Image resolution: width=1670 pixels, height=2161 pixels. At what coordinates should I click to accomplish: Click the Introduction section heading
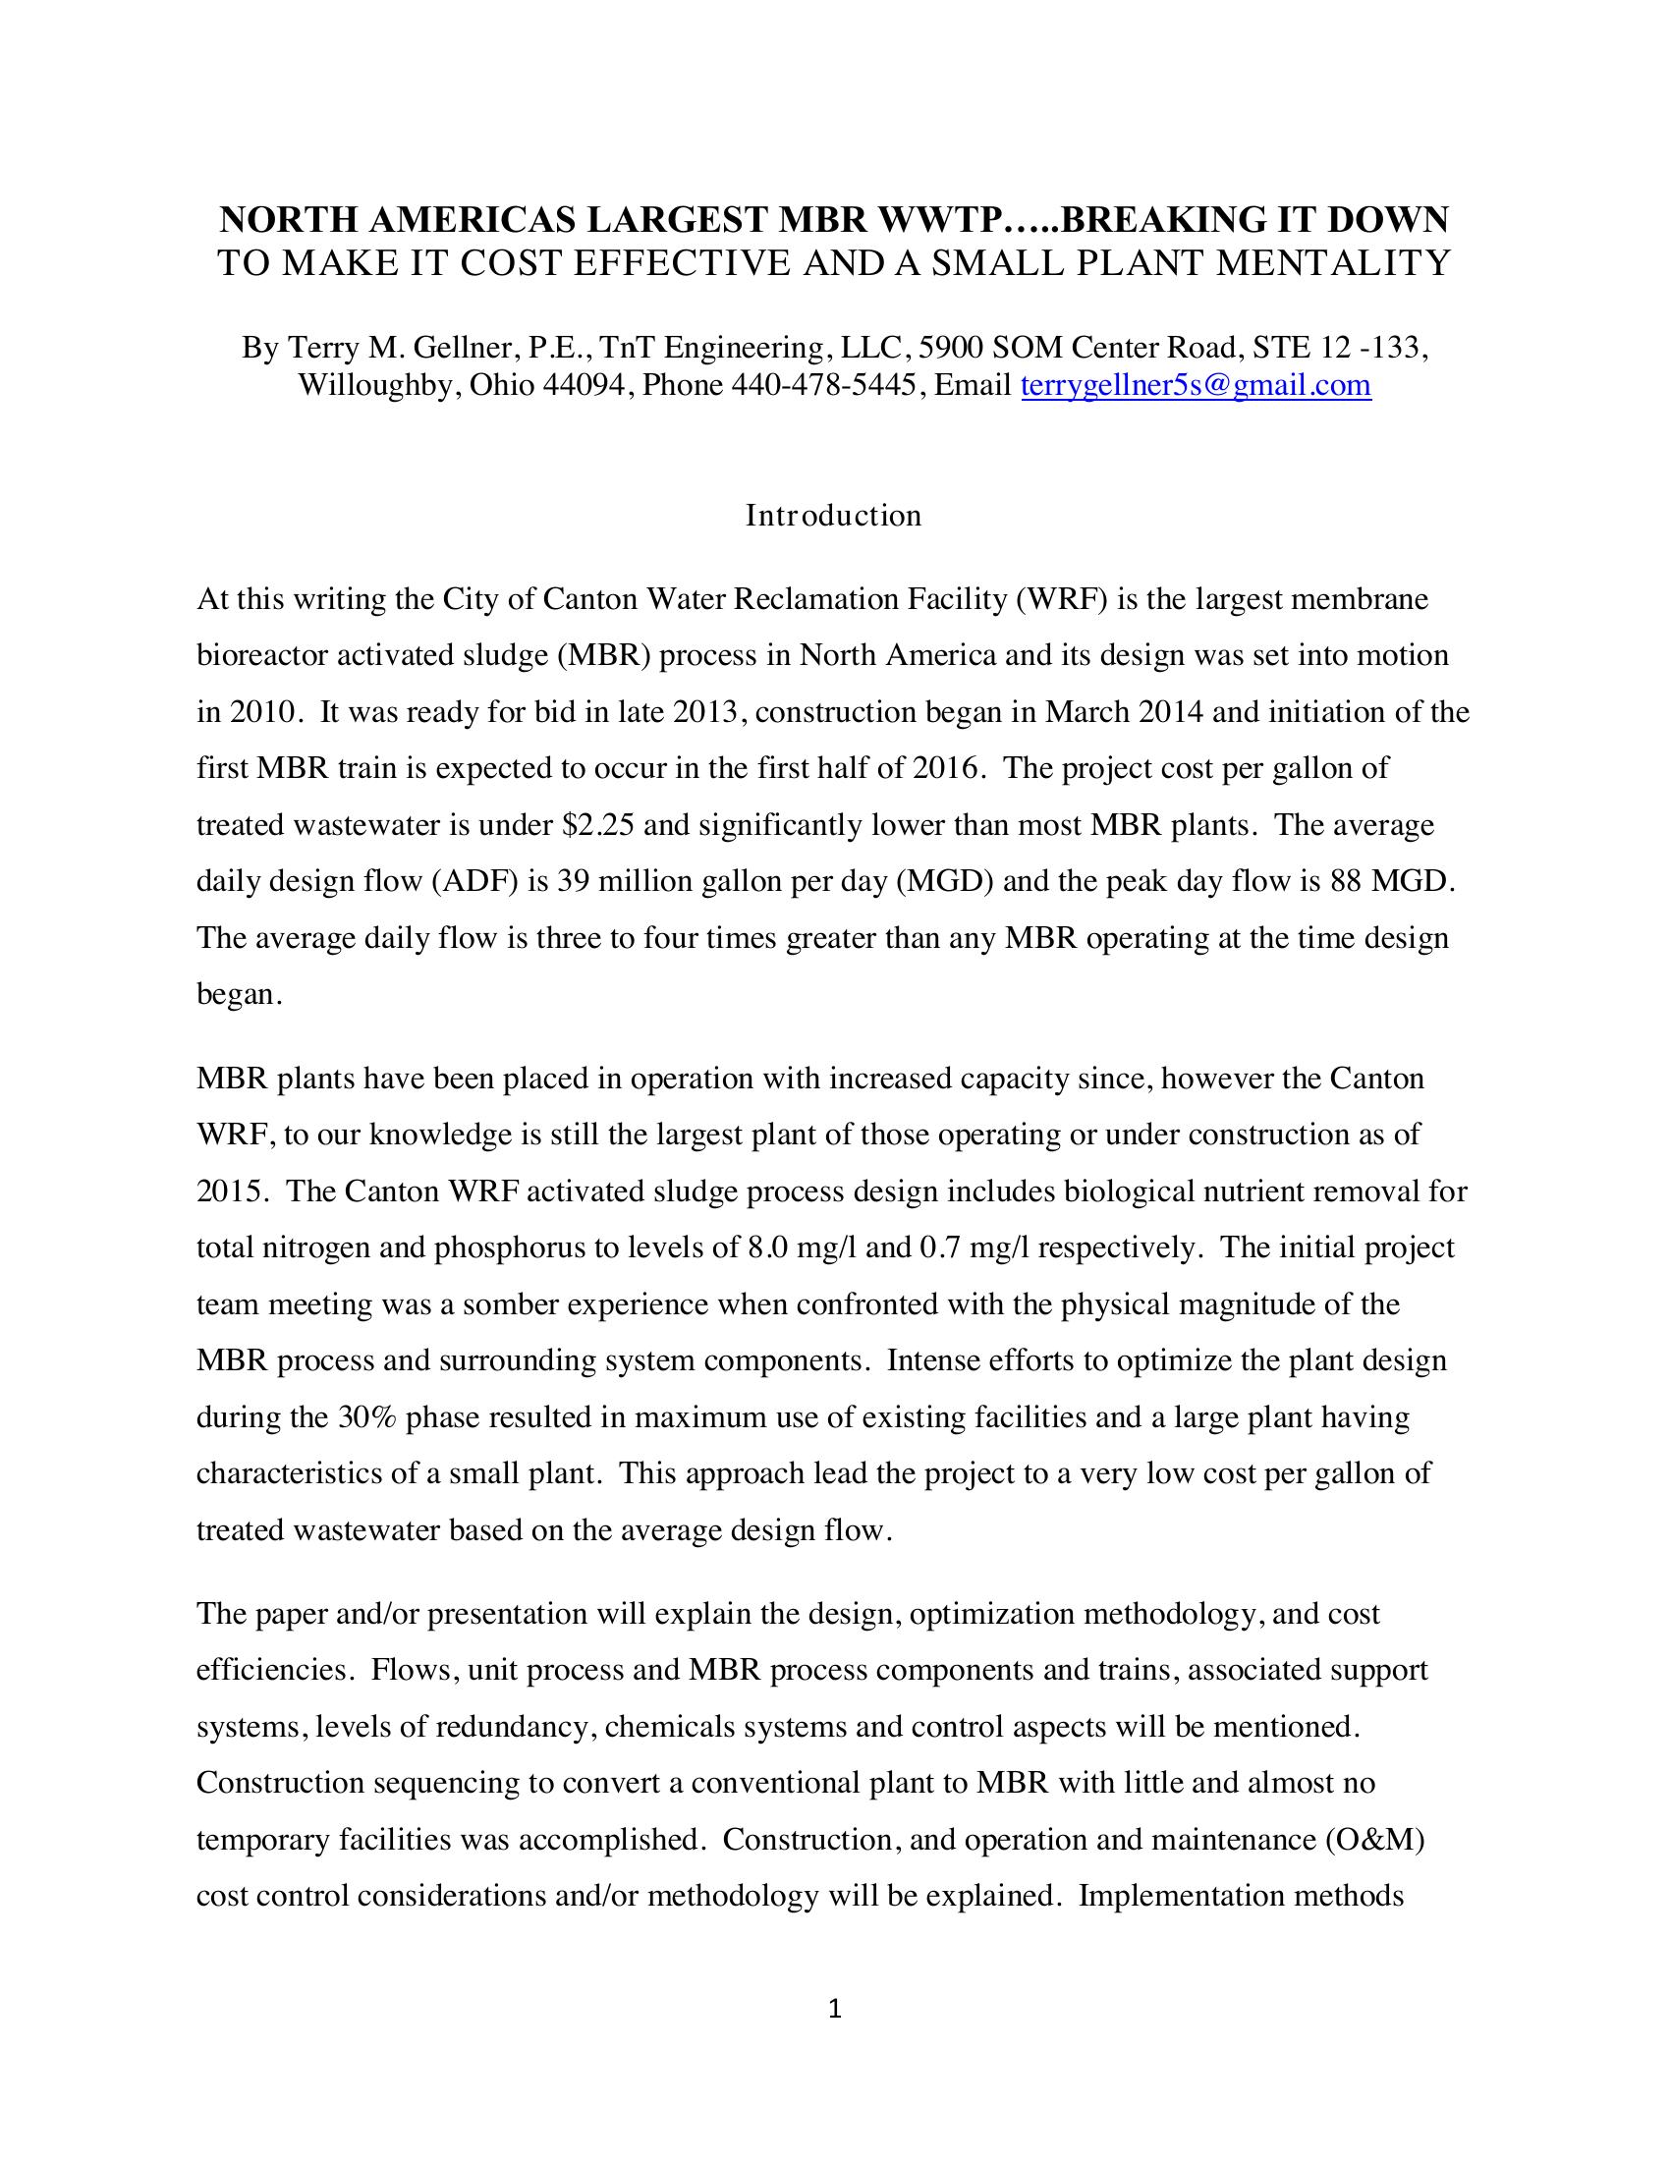click(833, 516)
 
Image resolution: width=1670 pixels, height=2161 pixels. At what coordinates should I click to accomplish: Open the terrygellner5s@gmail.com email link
click(1196, 385)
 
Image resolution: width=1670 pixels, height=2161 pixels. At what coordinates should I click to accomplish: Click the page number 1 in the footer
click(834, 2009)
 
